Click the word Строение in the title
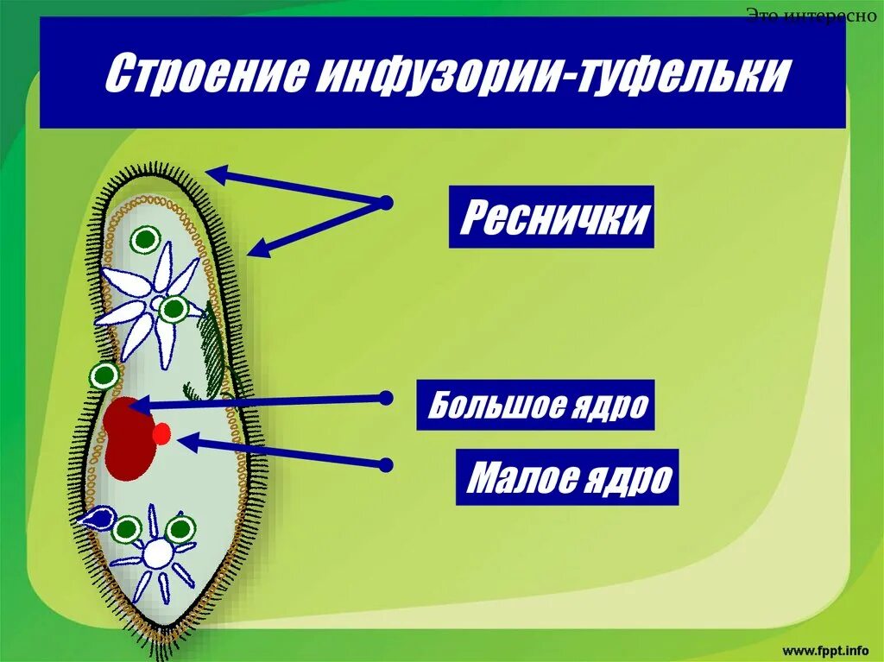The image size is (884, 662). [204, 76]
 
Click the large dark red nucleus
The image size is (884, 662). [127, 440]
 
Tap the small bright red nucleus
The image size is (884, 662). [161, 434]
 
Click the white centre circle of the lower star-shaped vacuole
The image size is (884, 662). [157, 554]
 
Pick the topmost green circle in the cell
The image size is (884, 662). [146, 239]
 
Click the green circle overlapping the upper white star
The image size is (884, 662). [174, 308]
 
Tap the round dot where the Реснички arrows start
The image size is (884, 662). [385, 204]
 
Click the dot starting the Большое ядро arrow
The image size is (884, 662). [386, 398]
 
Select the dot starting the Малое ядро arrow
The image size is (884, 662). [386, 464]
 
